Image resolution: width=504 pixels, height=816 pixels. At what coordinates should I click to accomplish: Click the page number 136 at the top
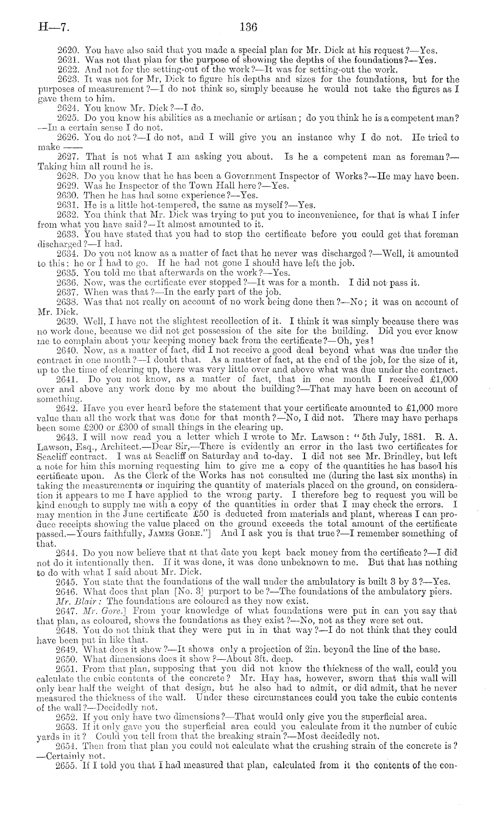tap(249, 28)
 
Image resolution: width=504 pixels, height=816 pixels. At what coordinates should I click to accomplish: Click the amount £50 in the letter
tap(199, 514)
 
